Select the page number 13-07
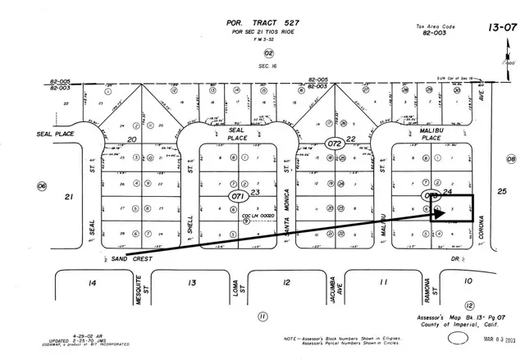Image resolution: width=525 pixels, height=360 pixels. pos(501,27)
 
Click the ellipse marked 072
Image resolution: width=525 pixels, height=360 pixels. pos(334,142)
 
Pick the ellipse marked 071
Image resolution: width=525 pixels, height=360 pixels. pos(238,198)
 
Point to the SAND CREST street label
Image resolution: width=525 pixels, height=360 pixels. pos(130,258)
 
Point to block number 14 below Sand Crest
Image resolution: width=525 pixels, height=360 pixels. pos(92,283)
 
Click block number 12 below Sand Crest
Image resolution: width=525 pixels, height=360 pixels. pos(285,283)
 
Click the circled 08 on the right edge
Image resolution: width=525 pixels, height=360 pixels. pos(511,159)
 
